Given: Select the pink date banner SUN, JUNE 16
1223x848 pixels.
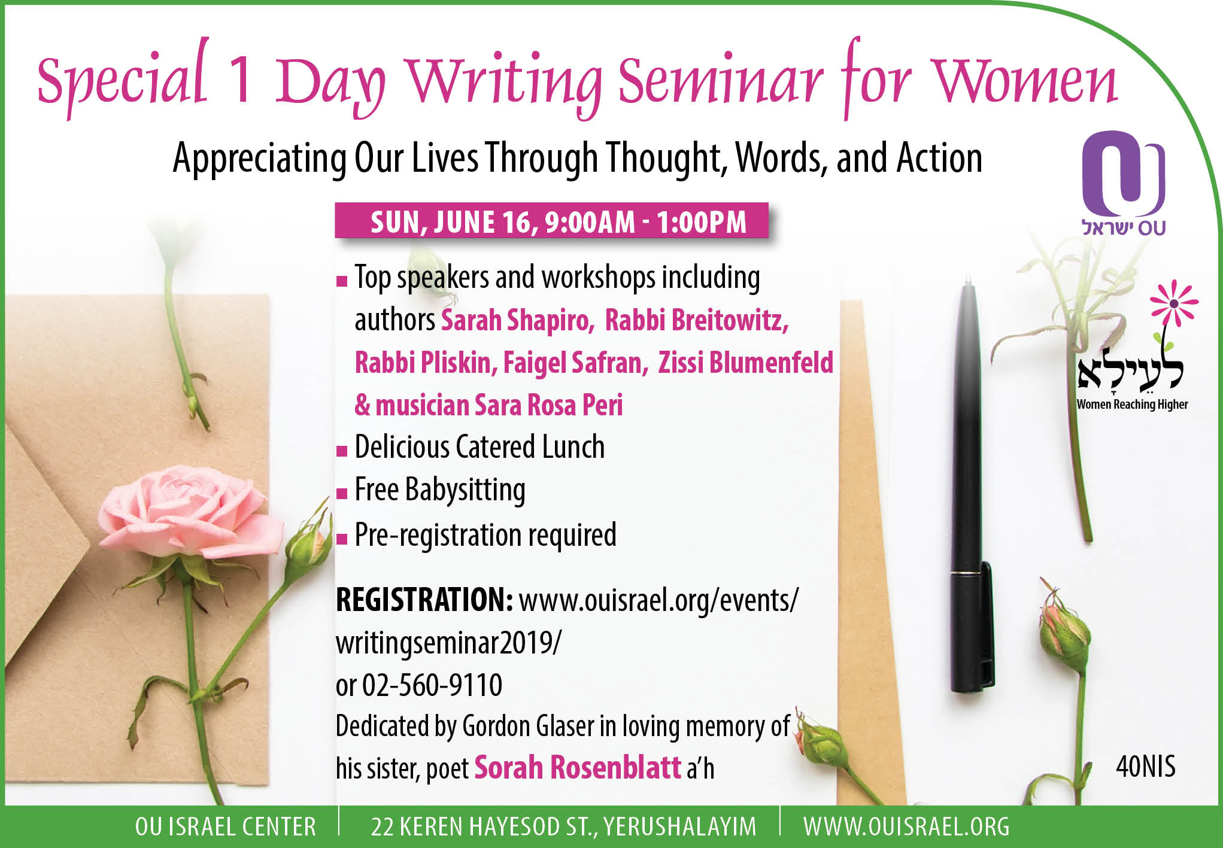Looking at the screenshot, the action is pos(551,221).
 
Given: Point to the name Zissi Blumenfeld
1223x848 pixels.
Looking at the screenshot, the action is pos(745,363).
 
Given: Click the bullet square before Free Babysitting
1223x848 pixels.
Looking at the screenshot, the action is pos(342,494).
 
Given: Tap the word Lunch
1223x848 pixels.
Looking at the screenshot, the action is pos(573,447).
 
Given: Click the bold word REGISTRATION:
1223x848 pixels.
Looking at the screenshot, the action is pos(424,600).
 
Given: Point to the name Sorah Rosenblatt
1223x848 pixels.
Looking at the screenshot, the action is pos(578,768).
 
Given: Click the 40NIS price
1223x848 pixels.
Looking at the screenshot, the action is pos(1146,767).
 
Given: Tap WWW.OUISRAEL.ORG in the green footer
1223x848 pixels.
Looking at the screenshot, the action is pos(906,827).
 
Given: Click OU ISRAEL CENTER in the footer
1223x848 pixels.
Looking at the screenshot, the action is pos(226,827).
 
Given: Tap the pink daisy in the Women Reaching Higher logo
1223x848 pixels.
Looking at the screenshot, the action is pos(1174,303).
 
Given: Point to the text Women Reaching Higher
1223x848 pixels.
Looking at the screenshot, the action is pos(1132,405).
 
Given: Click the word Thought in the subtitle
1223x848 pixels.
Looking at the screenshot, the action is pos(666,159).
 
